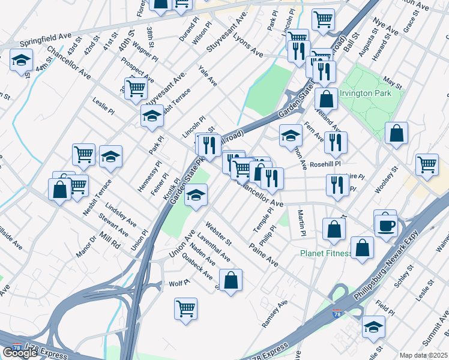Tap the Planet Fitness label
click(325, 253)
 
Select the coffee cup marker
click(385, 225)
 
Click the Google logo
click(20, 352)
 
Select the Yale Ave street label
click(208, 77)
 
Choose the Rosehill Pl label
click(325, 163)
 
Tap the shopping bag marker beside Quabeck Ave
click(231, 280)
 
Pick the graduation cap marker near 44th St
click(21, 61)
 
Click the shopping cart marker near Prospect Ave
click(136, 89)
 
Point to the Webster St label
click(218, 233)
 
